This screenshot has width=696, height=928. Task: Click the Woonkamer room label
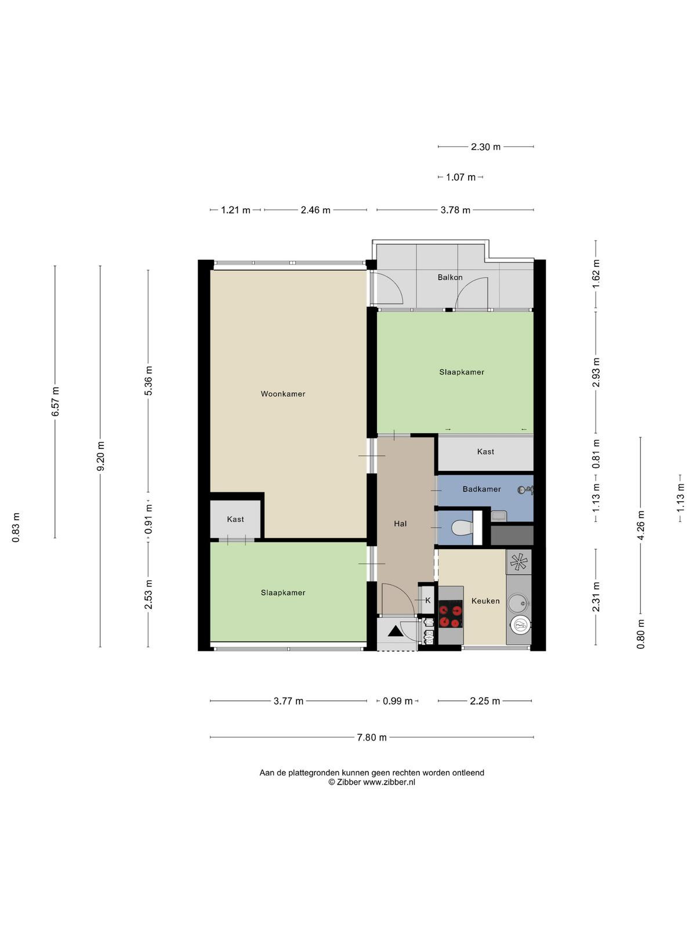click(282, 394)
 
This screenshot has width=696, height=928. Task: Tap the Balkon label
click(450, 277)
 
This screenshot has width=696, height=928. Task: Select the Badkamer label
click(481, 489)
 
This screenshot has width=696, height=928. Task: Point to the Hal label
click(400, 524)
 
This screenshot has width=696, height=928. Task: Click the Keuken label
click(485, 601)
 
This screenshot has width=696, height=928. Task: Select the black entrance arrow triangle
click(396, 631)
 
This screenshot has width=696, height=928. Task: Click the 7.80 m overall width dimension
click(372, 738)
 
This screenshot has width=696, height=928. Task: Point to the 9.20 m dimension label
click(100, 456)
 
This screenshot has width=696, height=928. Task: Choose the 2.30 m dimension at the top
click(485, 147)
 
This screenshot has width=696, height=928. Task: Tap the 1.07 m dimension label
click(461, 177)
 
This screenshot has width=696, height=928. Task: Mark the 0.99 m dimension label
click(398, 701)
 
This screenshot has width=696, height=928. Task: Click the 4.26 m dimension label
click(641, 525)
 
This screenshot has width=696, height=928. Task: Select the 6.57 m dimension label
click(55, 401)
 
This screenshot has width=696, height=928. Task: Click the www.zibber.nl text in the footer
click(389, 782)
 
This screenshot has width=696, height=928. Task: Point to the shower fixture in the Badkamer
click(525, 491)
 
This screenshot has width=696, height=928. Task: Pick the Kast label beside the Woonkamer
click(235, 519)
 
